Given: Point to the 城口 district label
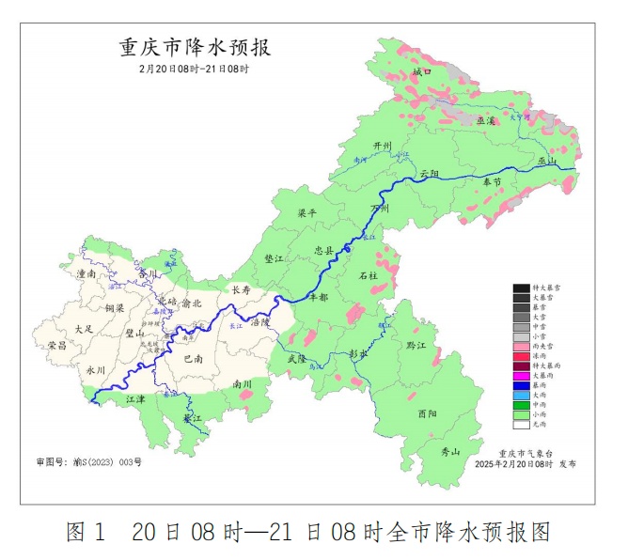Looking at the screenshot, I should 421,72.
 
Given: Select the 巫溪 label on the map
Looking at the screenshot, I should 485,121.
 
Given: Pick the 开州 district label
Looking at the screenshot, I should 381,147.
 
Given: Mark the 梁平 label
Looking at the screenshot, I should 307,213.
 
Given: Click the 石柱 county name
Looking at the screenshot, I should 369,275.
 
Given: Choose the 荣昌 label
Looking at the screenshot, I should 56,346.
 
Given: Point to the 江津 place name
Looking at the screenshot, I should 136,399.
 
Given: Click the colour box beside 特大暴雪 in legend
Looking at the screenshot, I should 522,288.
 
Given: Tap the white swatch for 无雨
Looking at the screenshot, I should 522,425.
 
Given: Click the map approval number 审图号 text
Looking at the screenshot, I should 88,461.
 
